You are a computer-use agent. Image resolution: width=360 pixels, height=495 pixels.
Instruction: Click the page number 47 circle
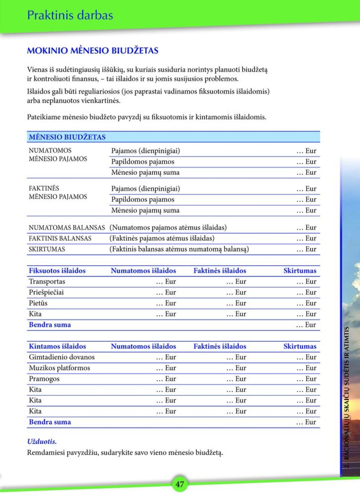tap(180, 484)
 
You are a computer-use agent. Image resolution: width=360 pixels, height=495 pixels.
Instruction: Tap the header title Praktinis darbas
tap(70, 15)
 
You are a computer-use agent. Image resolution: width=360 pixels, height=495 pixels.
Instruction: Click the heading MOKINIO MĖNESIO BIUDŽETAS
tap(92, 51)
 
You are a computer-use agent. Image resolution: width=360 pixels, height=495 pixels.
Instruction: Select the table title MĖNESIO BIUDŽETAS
tap(67, 137)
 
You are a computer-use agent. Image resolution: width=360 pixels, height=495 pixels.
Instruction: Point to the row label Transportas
tap(47, 281)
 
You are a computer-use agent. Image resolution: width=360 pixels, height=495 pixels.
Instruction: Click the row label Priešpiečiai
tap(46, 292)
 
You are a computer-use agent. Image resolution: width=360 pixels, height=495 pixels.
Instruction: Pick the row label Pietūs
tap(38, 303)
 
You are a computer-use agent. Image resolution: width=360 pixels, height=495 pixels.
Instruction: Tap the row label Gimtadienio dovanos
tap(62, 357)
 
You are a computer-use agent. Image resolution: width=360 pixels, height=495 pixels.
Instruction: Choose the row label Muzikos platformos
tap(59, 368)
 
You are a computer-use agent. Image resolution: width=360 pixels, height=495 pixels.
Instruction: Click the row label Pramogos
tap(44, 379)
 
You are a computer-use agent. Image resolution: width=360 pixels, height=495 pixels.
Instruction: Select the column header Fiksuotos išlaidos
tap(57, 271)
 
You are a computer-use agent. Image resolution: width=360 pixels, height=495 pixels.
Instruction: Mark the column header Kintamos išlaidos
tap(57, 346)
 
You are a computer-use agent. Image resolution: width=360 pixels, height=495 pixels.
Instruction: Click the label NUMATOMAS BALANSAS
tap(67, 228)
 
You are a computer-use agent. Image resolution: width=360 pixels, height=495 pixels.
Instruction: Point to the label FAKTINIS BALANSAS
tap(60, 238)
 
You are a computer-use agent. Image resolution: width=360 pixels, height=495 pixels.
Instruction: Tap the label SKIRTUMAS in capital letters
tap(47, 249)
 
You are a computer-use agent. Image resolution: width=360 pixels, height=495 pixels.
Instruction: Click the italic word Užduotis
tap(42, 441)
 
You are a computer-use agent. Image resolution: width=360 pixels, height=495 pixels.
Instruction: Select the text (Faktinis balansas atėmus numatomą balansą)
tap(179, 249)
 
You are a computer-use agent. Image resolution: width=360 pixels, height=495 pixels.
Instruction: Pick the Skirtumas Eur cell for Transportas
tap(306, 281)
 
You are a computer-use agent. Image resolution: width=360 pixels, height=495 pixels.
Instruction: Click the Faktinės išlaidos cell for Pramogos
tap(236, 379)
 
